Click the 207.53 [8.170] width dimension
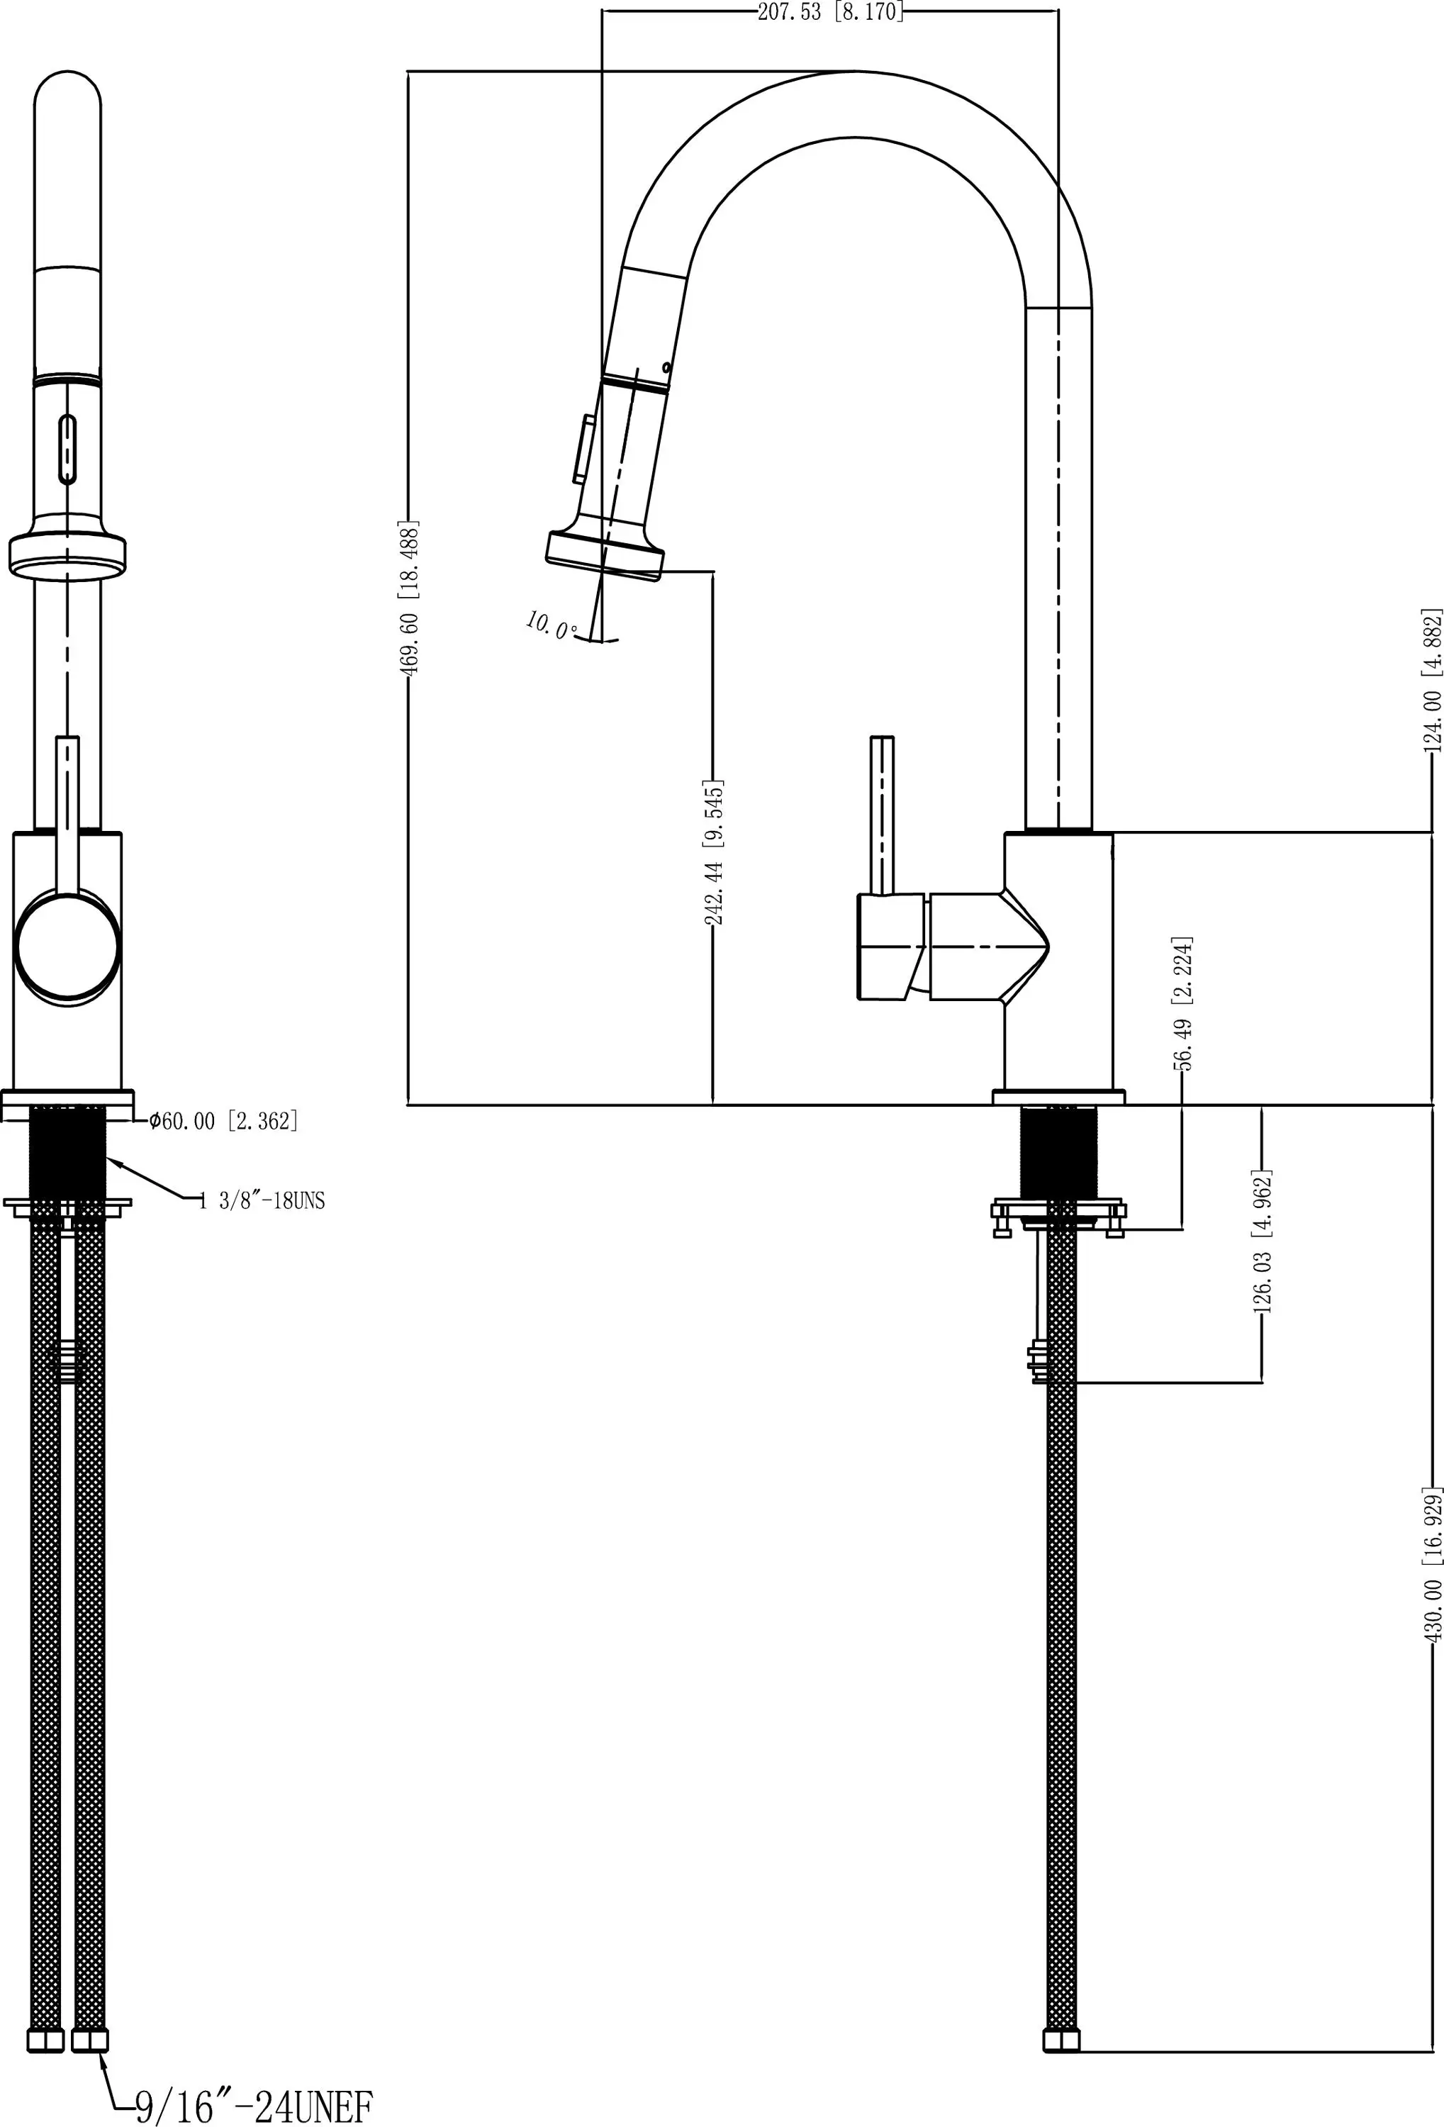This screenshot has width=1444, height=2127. click(829, 13)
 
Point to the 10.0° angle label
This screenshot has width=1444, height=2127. click(550, 625)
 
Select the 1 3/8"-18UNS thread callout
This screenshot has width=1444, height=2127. click(262, 1201)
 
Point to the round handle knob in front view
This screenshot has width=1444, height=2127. click(67, 950)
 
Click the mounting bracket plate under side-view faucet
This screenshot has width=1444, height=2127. click(1059, 1211)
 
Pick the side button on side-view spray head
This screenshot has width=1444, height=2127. click(582, 449)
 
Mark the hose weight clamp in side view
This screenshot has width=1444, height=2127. click(1039, 1361)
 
